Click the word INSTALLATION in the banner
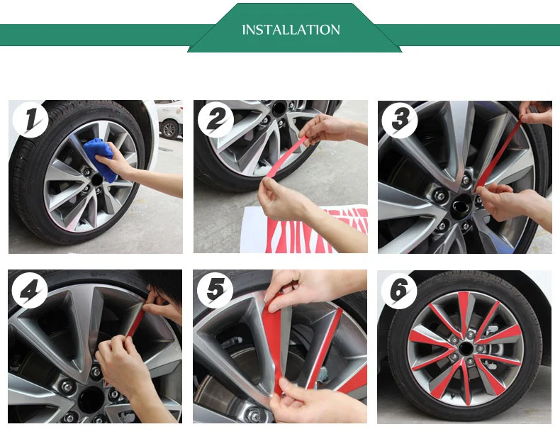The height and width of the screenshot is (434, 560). [x=291, y=30]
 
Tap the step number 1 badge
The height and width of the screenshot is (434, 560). [x=30, y=119]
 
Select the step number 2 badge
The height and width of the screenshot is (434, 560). [x=215, y=119]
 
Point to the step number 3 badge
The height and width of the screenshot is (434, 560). [x=399, y=120]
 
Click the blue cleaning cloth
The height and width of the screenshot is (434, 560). [x=102, y=159]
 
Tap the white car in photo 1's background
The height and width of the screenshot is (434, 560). [x=169, y=119]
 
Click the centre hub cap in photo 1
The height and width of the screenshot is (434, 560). [x=96, y=179]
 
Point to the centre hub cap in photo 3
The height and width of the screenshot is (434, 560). [x=461, y=207]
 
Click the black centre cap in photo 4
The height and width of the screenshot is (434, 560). [x=91, y=399]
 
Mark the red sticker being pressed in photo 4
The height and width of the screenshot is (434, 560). [x=136, y=323]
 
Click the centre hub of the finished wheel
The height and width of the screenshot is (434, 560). [x=464, y=348]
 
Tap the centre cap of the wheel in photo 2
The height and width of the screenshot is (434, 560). [x=279, y=108]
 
